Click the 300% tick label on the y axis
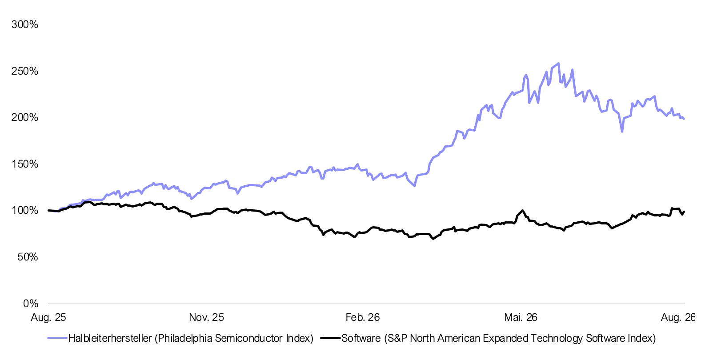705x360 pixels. coord(24,24)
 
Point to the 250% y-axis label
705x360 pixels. coord(24,71)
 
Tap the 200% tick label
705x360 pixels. coord(24,118)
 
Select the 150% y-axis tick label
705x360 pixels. coord(24,164)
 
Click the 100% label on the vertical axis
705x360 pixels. coord(24,210)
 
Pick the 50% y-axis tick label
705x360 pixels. coord(28,257)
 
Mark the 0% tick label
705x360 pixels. coord(31,304)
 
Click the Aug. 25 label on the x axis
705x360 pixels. coord(48,317)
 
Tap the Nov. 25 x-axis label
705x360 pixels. coord(206,317)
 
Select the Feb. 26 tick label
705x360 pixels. coord(363,317)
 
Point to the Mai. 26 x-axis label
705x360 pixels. coord(521,317)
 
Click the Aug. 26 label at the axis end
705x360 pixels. coord(678,317)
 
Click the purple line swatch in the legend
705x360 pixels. coord(57,338)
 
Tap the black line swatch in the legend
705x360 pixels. coord(330,338)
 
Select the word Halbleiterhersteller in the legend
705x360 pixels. coord(110,338)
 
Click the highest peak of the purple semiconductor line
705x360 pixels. coord(558,63)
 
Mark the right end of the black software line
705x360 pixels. coord(684,212)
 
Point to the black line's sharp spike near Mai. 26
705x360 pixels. coord(522,211)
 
